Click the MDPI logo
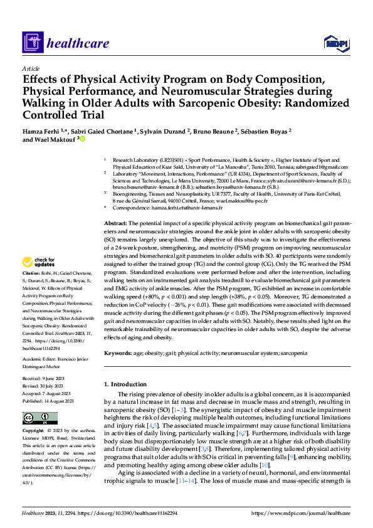tap(336, 42)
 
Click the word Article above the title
tap(30, 68)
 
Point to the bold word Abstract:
tap(116, 223)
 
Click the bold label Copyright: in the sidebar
tap(34, 431)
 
